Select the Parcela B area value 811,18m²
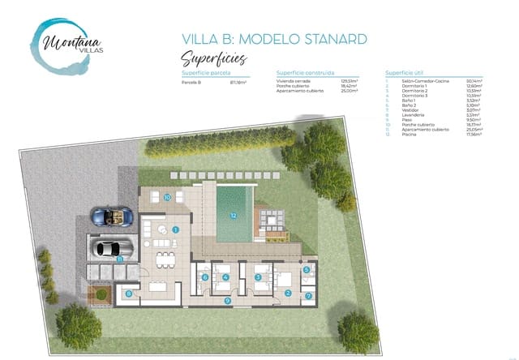238,82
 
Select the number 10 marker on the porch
166,197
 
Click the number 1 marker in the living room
175,229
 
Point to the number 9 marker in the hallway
228,301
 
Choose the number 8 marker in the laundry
129,294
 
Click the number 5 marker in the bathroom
307,270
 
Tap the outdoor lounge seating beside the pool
270,219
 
